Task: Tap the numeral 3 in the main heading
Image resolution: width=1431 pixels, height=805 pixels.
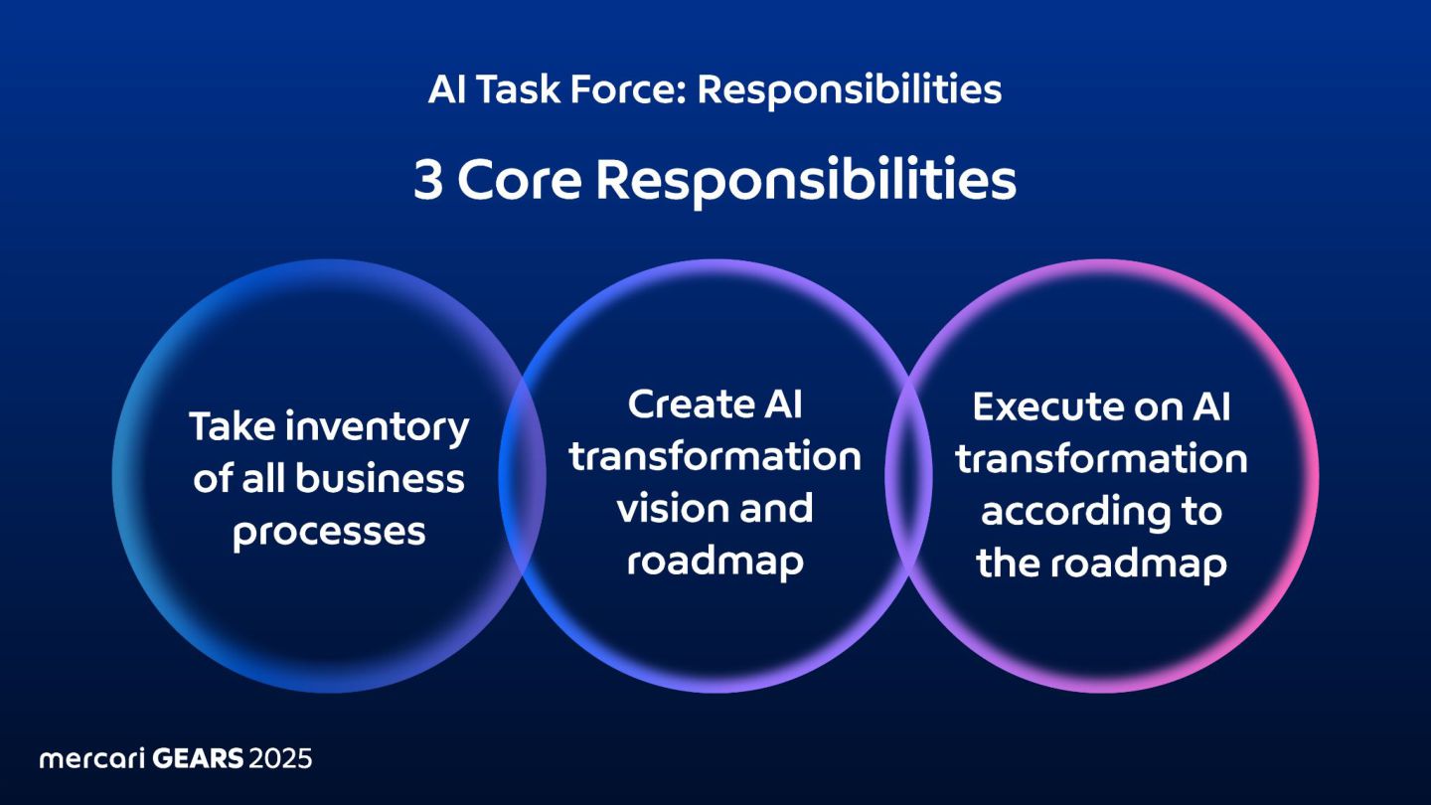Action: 428,182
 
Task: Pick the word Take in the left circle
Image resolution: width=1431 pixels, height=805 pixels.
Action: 232,427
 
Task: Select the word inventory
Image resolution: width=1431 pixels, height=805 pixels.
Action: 378,428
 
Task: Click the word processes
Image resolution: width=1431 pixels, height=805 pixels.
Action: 329,533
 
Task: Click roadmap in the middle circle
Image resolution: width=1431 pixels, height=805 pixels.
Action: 715,563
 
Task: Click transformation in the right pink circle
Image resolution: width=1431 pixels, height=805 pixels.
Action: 1101,459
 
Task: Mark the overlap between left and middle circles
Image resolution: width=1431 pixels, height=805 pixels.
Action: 523,476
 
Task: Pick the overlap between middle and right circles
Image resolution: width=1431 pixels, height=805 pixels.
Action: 908,476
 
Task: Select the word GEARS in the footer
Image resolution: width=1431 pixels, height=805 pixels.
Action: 198,759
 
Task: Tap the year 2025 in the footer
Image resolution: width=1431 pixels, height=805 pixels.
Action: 280,759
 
